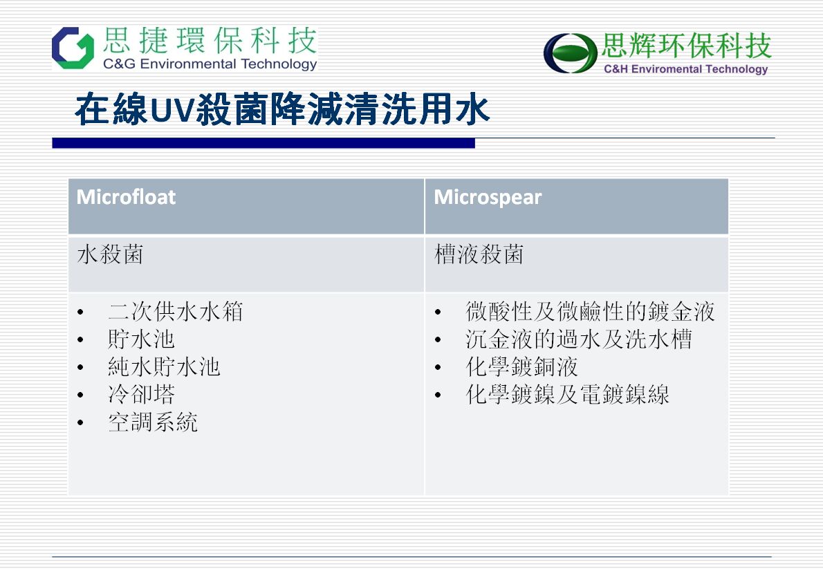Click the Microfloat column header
point(126,197)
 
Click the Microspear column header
point(488,198)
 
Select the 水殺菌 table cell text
point(110,254)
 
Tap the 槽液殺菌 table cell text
point(479,254)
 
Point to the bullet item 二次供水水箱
point(175,311)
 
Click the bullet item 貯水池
point(141,339)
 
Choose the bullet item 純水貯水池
point(164,367)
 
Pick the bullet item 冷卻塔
point(141,394)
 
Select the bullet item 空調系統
point(153,422)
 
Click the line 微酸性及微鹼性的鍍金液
point(590,311)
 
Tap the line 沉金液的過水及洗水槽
point(579,339)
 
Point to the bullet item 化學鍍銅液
point(521,367)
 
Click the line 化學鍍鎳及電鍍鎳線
point(567,394)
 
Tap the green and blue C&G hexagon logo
point(73,48)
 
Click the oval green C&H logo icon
point(570,53)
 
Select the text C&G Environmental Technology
point(210,64)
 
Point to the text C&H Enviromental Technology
point(685,68)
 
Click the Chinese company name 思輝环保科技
point(687,45)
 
